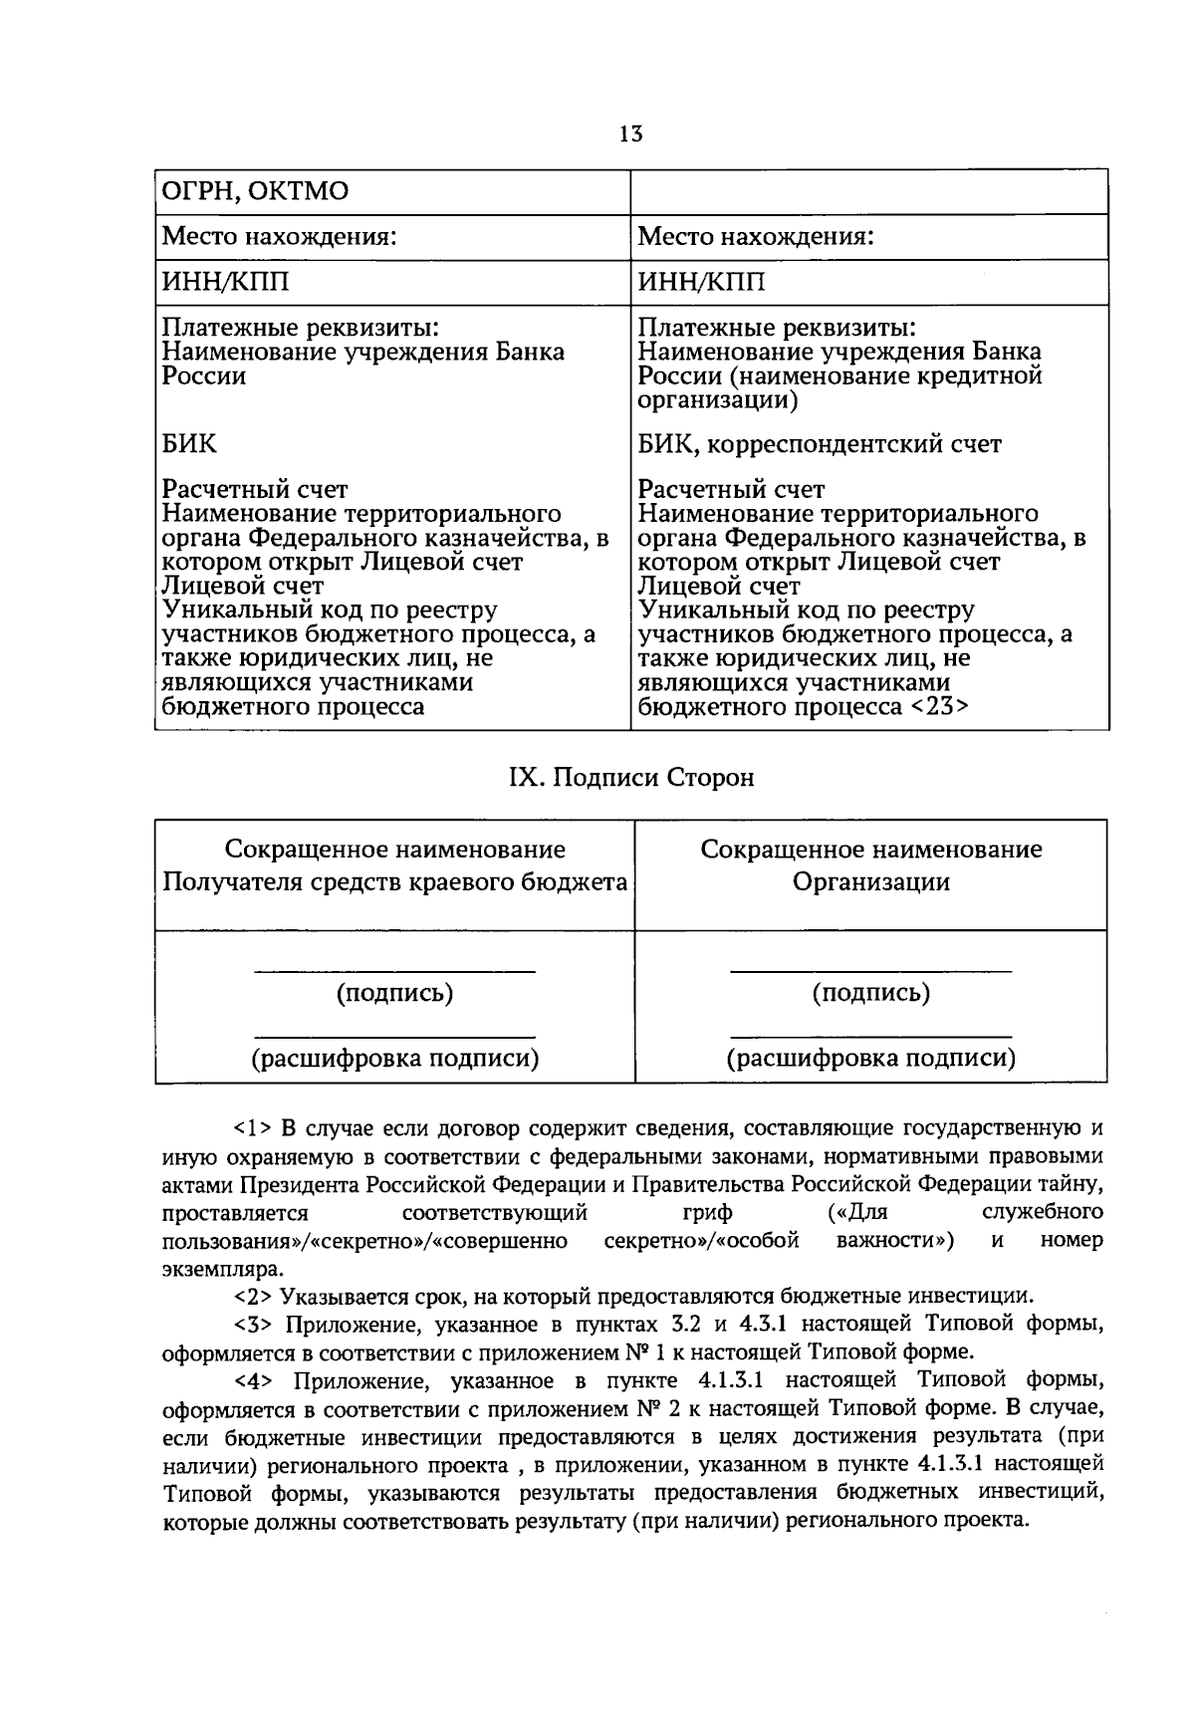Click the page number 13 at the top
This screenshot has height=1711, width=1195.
630,134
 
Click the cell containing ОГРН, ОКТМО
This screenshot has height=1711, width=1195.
256,190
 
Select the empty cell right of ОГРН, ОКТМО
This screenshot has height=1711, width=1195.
868,191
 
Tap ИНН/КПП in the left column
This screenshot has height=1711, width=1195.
226,283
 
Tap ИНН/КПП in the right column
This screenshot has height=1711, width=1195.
702,283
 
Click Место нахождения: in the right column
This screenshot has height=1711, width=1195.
756,237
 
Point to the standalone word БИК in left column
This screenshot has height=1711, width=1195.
189,443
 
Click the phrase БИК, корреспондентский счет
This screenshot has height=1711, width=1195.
819,444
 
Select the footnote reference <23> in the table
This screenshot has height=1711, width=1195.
937,707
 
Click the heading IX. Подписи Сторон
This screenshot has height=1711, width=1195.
631,777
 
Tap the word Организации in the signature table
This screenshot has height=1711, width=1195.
870,881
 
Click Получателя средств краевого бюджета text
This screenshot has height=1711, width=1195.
394,881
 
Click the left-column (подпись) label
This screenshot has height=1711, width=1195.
394,993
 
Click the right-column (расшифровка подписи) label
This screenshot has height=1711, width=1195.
870,1058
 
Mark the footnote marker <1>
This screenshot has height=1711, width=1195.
253,1129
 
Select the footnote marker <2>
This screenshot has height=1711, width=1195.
253,1297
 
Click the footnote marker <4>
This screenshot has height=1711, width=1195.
253,1380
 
